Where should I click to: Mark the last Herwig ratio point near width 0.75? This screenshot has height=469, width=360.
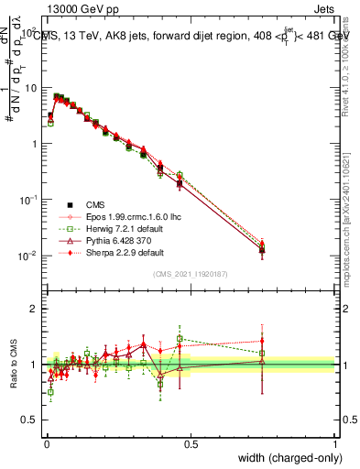(262, 353)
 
